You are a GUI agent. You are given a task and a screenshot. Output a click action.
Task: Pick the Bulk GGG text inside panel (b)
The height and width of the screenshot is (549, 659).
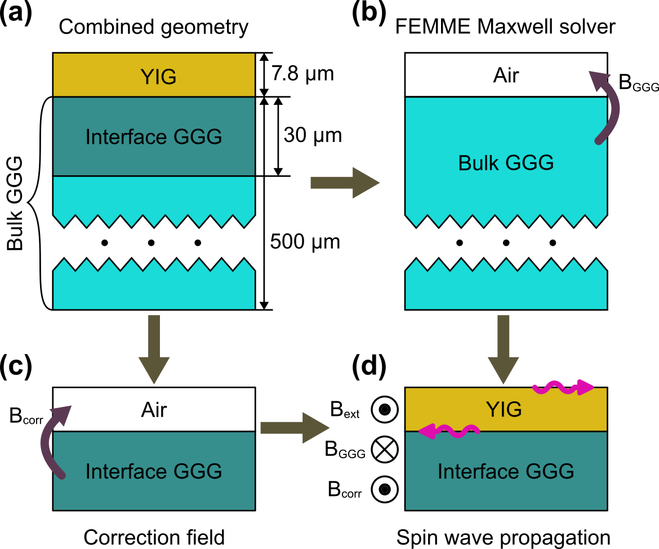tap(506, 163)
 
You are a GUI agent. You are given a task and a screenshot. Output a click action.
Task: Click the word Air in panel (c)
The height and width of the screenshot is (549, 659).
tap(153, 410)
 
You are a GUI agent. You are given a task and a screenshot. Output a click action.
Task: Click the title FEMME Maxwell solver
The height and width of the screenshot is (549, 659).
tap(506, 26)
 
